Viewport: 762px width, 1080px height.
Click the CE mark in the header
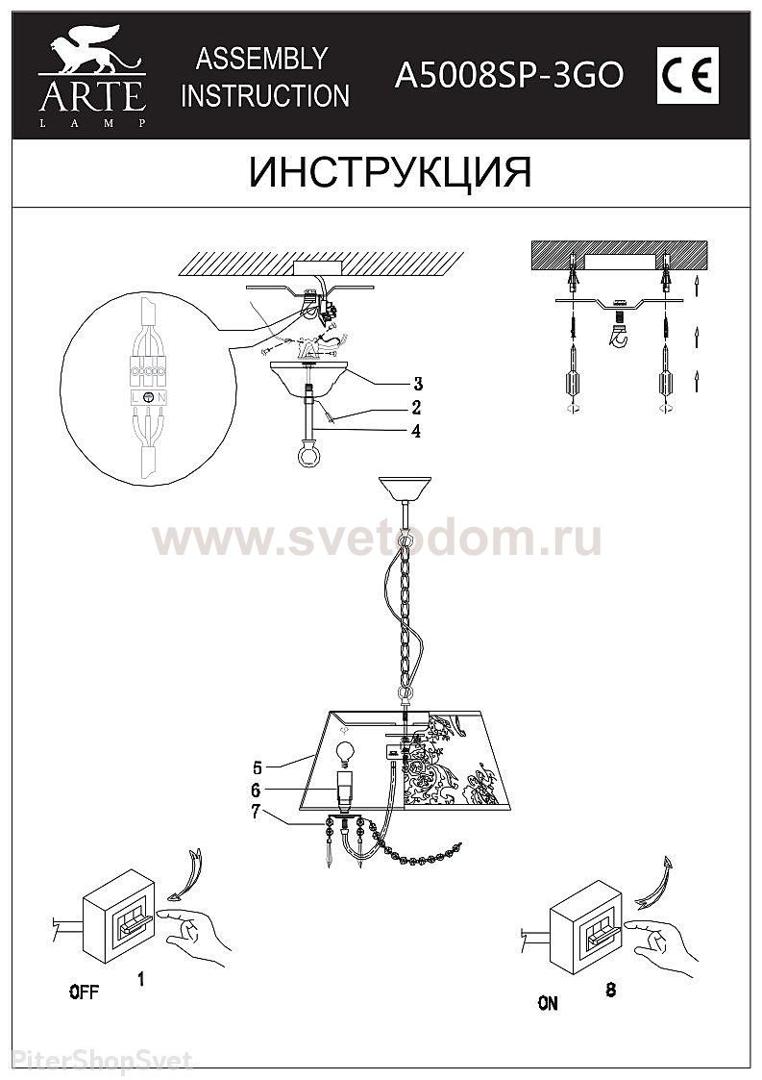coord(687,75)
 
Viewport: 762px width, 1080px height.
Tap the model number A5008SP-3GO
coord(508,75)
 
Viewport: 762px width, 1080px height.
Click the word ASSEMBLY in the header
coord(261,60)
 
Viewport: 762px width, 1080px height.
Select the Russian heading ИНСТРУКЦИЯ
coord(390,172)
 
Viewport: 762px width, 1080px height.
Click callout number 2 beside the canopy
coord(416,407)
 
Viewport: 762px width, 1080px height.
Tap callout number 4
coord(416,431)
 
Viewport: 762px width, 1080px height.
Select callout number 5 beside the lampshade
coord(258,766)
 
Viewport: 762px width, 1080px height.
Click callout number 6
coord(257,790)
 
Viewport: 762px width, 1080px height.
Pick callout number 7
coord(256,812)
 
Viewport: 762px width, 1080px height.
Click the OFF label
coord(84,992)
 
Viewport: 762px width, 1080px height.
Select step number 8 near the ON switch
coord(610,990)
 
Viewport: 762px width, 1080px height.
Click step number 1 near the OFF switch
coord(141,979)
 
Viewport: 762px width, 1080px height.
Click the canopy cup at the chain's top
coord(405,489)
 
